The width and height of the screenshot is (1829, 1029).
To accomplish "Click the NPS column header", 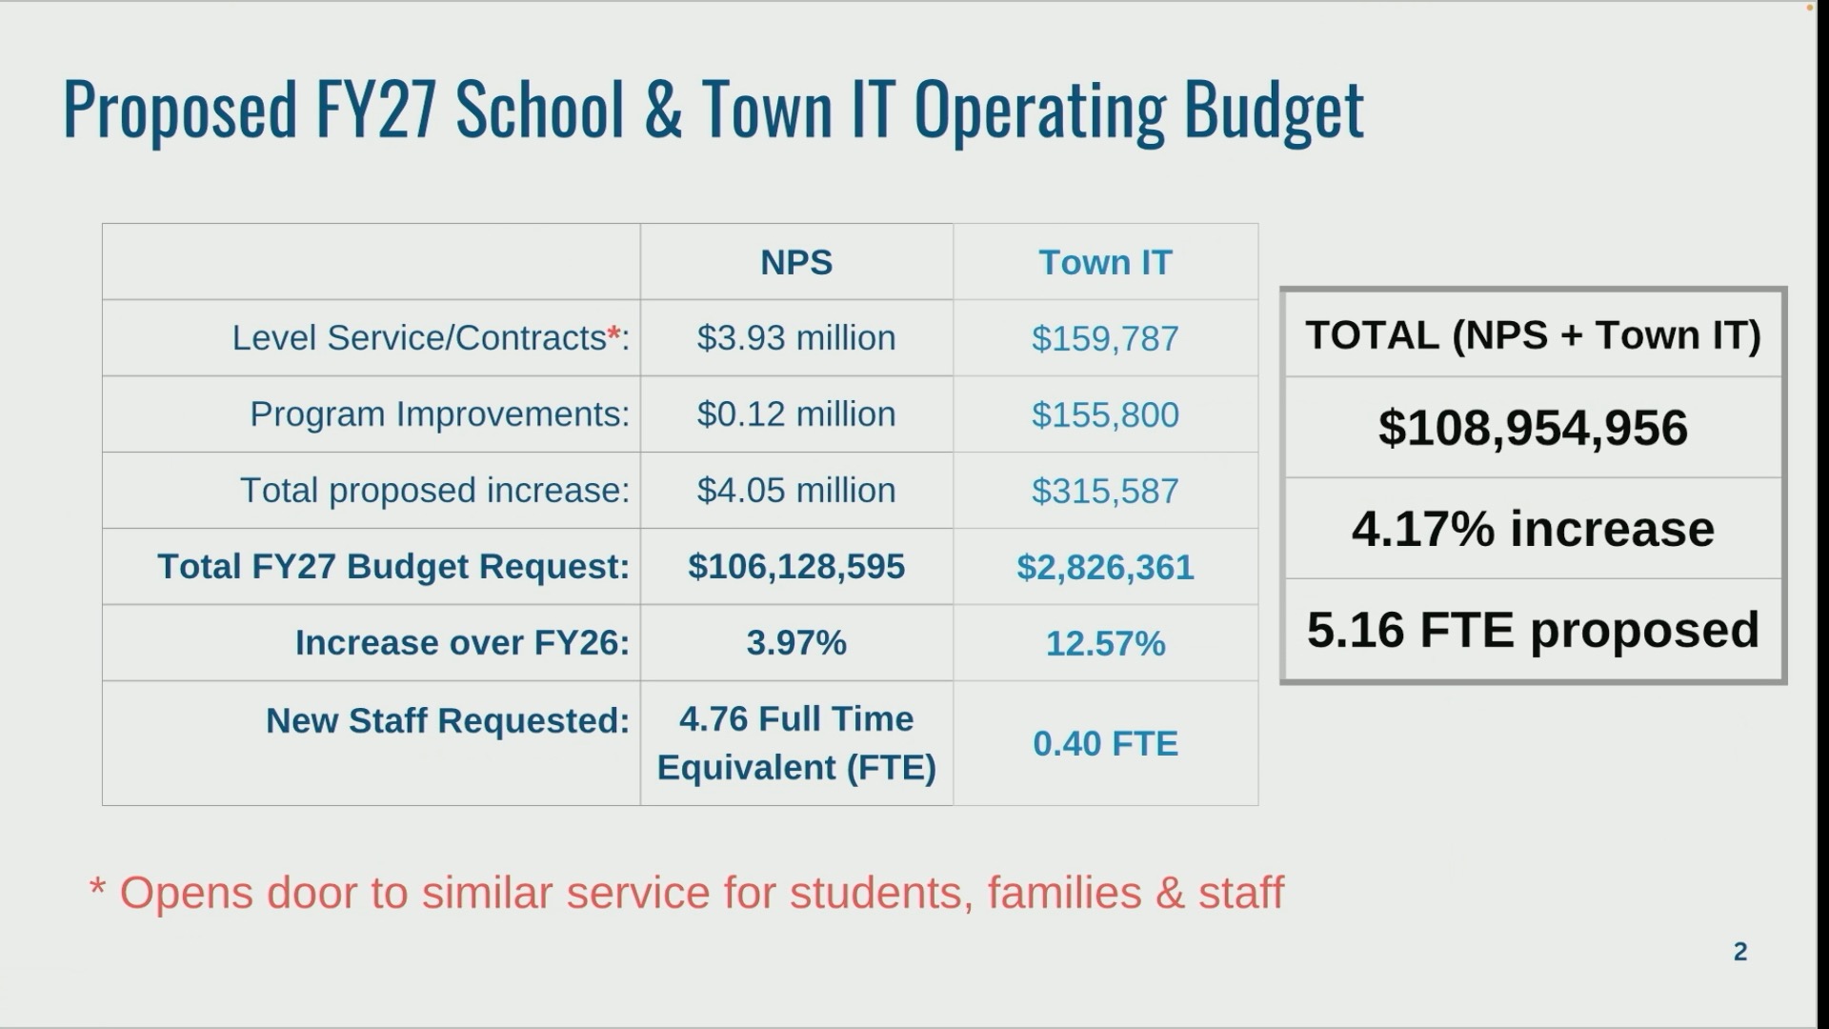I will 796,262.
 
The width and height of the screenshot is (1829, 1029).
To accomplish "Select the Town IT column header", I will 1105,262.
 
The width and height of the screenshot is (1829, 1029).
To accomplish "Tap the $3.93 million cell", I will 796,337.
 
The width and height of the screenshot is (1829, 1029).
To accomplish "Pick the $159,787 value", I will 1105,338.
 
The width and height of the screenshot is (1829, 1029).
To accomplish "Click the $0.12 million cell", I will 796,414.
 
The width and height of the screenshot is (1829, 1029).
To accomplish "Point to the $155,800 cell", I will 1105,414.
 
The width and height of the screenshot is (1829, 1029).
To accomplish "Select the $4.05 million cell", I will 796,490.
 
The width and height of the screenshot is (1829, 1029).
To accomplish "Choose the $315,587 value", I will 1105,491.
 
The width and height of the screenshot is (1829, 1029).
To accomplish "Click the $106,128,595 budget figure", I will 796,566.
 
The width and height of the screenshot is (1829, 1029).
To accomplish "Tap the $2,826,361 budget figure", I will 1105,567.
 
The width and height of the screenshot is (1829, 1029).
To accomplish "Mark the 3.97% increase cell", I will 796,642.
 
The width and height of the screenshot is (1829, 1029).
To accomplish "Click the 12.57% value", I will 1105,643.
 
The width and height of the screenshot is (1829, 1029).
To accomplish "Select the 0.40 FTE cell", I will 1105,743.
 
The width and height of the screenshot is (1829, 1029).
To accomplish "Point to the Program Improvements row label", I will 439,414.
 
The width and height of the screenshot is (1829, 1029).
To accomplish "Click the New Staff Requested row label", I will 447,720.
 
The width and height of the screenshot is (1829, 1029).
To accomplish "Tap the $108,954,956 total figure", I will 1533,428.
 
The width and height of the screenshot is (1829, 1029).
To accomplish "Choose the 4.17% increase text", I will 1533,529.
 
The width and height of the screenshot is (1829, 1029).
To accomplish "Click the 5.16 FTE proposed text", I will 1533,630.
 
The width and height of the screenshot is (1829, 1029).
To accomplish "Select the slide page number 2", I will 1740,951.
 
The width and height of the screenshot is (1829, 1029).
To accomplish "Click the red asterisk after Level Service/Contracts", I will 613,333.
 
